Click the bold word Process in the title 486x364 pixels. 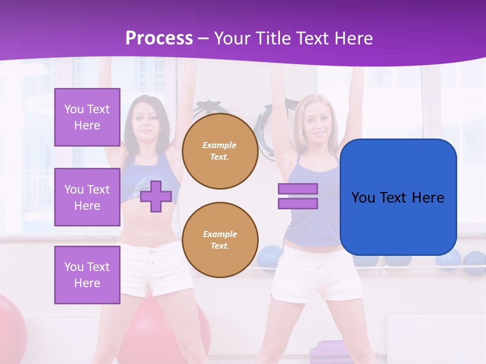tap(159, 38)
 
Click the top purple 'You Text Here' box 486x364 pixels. tap(87, 117)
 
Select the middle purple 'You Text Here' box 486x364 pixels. tap(87, 197)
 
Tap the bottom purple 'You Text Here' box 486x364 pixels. tap(87, 275)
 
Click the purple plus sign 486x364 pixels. tap(156, 197)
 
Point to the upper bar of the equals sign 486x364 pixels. tap(298, 189)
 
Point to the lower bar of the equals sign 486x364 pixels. tap(298, 203)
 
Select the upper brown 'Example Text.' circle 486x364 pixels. tap(220, 151)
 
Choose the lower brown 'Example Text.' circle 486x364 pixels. tap(220, 240)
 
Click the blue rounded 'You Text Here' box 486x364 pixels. tap(398, 197)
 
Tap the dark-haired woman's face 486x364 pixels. tap(146, 121)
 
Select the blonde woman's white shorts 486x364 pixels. tap(317, 276)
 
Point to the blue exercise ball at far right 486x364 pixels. tap(474, 263)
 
